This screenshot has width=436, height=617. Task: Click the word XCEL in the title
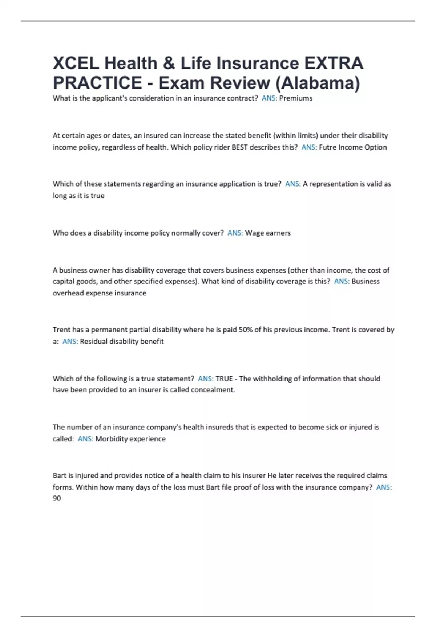tap(76, 63)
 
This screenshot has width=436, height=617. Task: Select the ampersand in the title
tap(168, 63)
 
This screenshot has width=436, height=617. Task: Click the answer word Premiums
tap(295, 98)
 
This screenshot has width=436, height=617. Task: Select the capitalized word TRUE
tap(224, 379)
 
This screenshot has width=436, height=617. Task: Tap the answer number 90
tap(57, 498)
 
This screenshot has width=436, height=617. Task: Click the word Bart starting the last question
tap(59, 475)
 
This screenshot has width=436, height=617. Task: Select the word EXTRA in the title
tap(334, 63)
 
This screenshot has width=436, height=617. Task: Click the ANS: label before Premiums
tap(269, 98)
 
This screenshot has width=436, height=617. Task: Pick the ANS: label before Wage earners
tap(235, 233)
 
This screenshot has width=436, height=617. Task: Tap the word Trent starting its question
tap(61, 330)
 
